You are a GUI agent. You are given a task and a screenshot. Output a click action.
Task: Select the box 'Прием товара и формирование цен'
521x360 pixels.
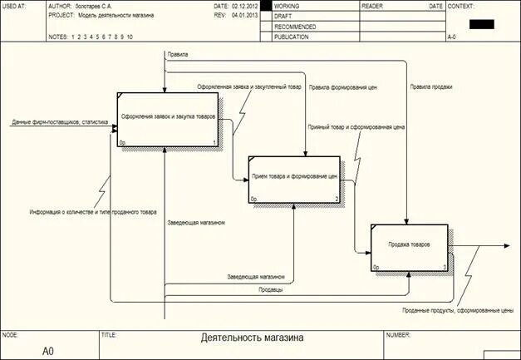[294, 178]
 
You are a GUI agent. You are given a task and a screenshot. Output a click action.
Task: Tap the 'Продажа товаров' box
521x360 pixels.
[409, 247]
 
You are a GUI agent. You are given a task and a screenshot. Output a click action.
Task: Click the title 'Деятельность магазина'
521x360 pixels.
[253, 338]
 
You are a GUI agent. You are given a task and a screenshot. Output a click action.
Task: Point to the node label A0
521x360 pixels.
[48, 351]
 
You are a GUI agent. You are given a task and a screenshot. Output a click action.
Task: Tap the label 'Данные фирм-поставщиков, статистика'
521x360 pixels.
[60, 122]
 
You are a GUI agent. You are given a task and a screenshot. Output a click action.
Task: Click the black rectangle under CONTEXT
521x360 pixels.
[481, 23]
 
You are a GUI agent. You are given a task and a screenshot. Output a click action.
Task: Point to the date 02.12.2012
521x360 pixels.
[245, 6]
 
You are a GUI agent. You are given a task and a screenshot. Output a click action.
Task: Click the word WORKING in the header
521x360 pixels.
[287, 6]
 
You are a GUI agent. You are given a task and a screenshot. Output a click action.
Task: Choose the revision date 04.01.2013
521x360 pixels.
[245, 16]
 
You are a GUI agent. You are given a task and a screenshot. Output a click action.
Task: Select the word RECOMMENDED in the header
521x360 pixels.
[295, 27]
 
